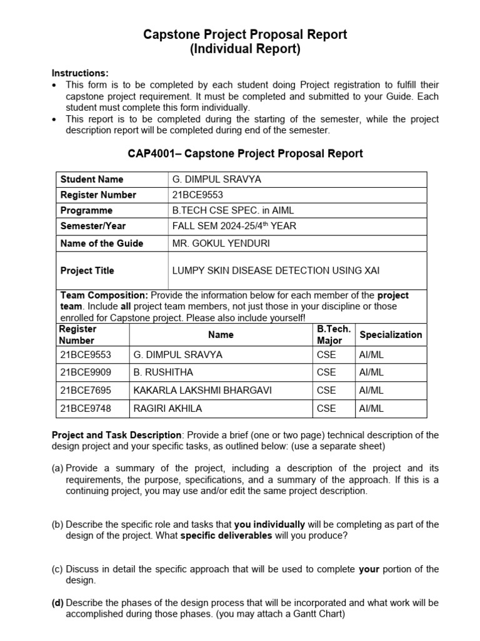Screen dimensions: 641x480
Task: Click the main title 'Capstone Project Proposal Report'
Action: [x=245, y=34]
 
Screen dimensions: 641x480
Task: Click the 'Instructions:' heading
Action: [x=80, y=73]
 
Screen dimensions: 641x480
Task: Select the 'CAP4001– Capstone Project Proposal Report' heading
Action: [x=245, y=153]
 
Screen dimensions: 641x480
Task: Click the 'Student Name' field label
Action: [x=92, y=179]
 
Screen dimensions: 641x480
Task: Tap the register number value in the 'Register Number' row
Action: [x=197, y=195]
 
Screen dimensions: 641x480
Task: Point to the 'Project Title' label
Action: [x=87, y=270]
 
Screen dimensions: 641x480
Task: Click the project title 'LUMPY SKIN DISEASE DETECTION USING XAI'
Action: [x=276, y=270]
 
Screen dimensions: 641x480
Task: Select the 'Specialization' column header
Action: [x=391, y=335]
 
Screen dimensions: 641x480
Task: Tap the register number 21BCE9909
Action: [x=84, y=372]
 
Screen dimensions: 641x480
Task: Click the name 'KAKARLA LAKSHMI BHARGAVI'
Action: [x=202, y=391]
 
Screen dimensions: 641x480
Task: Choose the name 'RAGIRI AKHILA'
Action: [x=167, y=409]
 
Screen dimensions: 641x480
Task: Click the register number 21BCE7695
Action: [x=84, y=391]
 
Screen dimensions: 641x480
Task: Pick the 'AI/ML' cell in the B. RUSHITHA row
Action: [x=372, y=372]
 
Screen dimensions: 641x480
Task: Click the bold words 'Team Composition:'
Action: [x=104, y=295]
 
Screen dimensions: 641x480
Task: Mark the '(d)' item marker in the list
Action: [x=57, y=603]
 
